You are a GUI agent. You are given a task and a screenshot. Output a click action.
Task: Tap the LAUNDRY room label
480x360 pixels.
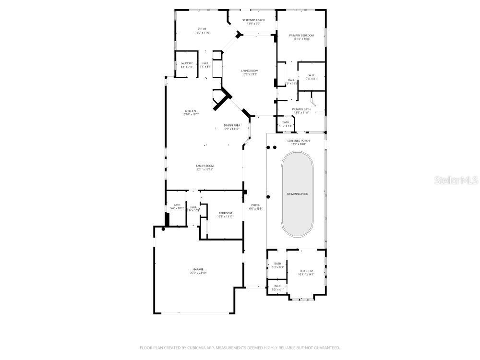[x=186, y=63]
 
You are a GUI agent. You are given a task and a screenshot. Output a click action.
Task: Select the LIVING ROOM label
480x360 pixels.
[x=250, y=71]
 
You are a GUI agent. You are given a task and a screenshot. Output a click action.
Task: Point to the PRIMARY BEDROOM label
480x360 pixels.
[x=301, y=36]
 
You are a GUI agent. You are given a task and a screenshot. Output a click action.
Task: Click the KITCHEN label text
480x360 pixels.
[x=191, y=111]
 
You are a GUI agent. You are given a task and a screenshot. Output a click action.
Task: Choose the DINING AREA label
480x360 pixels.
[x=232, y=126]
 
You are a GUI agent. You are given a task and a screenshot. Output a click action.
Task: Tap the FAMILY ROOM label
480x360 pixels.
[x=204, y=166]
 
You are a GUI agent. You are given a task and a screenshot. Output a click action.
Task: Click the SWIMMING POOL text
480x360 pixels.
[x=298, y=194]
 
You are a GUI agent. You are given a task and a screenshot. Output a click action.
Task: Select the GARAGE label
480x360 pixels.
[x=198, y=269]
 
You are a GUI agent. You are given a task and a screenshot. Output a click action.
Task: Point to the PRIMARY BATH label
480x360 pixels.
[x=301, y=109]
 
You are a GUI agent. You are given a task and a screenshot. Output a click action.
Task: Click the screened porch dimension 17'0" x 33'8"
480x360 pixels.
[x=299, y=144]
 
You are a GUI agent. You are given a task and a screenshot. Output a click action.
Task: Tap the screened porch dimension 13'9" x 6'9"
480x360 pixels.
[x=253, y=24]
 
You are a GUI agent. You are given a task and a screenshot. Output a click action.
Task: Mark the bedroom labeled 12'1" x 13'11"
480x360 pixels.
[x=226, y=216]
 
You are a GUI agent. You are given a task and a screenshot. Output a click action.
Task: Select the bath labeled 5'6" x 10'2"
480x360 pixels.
[x=177, y=208]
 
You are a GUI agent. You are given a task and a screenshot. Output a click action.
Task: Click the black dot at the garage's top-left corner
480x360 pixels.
[x=163, y=229]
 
